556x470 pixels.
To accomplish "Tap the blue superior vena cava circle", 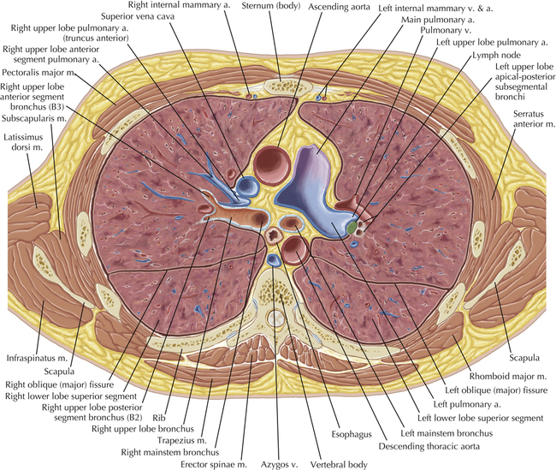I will pyautogui.click(x=248, y=186).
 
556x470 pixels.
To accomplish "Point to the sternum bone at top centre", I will pyautogui.click(x=279, y=86).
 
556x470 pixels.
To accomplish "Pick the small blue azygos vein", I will pyautogui.click(x=272, y=259).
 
